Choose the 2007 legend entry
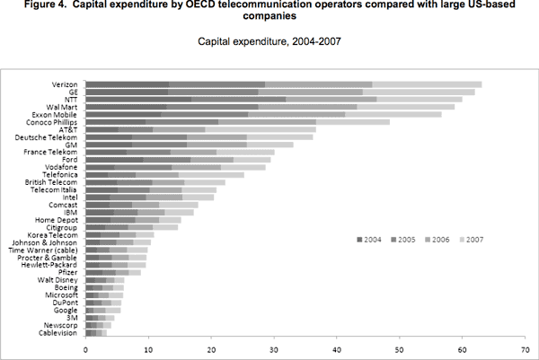click(x=474, y=240)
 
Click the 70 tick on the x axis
click(x=525, y=349)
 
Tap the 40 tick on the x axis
click(x=337, y=349)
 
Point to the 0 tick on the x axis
click(x=86, y=349)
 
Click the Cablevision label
click(x=61, y=333)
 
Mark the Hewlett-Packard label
click(x=54, y=264)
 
